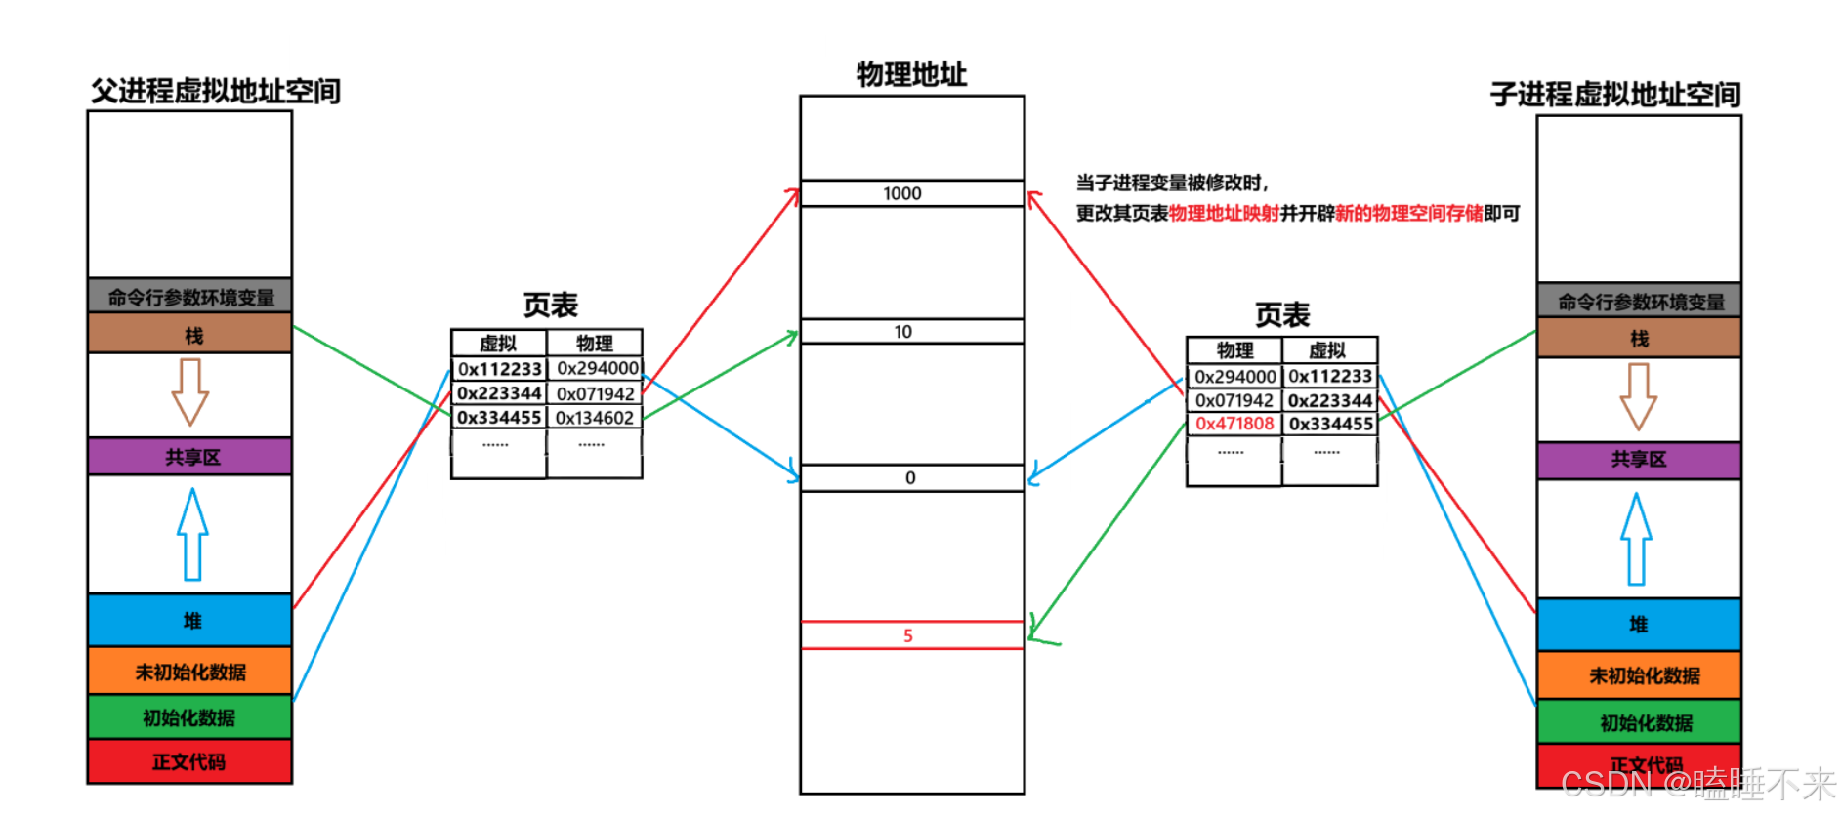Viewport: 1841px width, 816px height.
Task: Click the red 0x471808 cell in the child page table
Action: pos(1234,424)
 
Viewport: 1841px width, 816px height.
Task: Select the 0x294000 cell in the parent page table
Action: pos(597,368)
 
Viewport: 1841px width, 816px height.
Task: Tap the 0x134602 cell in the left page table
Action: pos(595,418)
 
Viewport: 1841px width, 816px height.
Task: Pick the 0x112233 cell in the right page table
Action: pos(1329,376)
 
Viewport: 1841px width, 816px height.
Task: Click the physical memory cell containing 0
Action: pos(911,478)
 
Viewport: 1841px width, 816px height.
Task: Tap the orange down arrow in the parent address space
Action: pos(190,390)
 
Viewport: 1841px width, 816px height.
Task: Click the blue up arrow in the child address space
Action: pos(1637,538)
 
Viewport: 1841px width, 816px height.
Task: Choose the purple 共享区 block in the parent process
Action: pos(190,457)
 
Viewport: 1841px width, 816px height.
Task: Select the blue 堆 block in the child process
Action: pos(1639,625)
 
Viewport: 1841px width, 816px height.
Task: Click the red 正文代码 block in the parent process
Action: pos(190,761)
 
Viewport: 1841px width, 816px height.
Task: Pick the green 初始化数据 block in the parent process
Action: pos(190,717)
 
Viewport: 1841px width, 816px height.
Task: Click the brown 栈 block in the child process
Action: pos(1639,339)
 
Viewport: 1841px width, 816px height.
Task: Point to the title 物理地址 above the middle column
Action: pos(911,74)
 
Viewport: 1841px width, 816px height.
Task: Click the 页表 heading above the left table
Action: pos(550,306)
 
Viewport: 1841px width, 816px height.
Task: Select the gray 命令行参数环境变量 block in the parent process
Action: pos(190,297)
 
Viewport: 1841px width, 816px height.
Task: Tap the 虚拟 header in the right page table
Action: pos(1327,350)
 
